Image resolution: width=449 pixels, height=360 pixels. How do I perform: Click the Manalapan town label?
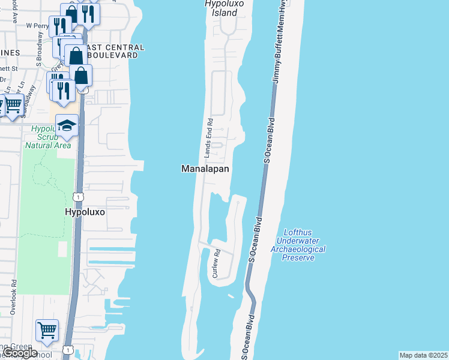tap(205, 169)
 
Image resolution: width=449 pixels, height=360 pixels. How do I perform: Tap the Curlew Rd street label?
tap(215, 264)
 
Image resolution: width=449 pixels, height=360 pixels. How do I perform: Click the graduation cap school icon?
tap(67, 125)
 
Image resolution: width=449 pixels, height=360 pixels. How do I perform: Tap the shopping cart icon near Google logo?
tap(47, 329)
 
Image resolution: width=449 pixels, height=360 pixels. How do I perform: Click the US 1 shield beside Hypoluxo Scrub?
tap(77, 197)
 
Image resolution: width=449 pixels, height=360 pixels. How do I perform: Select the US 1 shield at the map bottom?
tap(68, 350)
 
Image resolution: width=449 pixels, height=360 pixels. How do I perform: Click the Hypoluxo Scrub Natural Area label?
tap(48, 137)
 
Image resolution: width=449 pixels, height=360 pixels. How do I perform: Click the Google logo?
tap(20, 353)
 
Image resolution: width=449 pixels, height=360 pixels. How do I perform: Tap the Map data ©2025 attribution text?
tap(423, 355)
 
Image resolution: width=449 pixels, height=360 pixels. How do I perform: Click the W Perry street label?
tap(37, 27)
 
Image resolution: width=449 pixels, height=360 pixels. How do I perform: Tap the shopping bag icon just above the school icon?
tap(81, 76)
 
